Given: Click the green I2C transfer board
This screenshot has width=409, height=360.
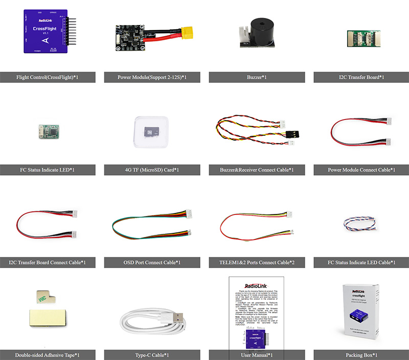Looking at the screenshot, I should point(361,37).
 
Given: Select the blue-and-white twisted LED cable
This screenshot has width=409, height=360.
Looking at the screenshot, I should point(361,225).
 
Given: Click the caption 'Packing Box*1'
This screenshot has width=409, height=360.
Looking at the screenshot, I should point(361,355).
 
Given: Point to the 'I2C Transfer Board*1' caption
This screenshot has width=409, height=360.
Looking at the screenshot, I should point(361,78).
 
